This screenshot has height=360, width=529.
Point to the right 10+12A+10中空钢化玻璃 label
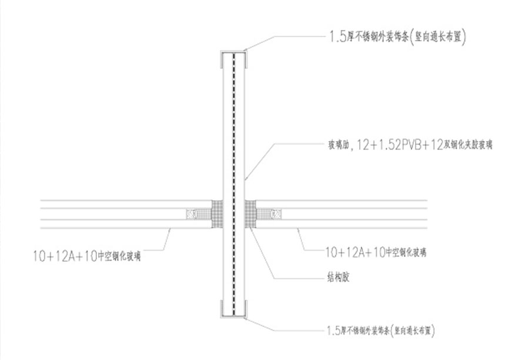[376, 252]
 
